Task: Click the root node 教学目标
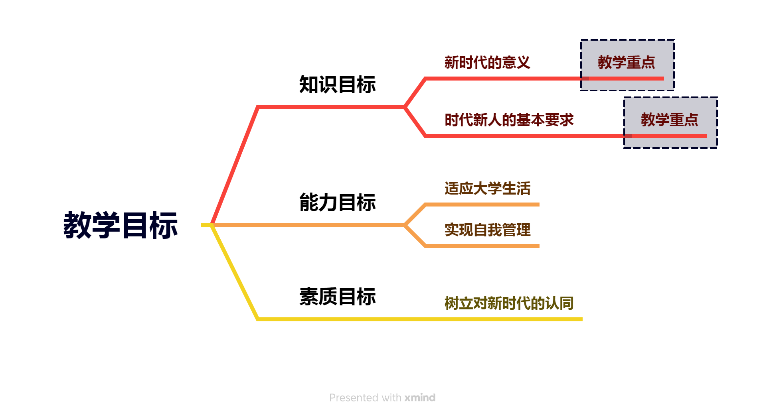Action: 120,225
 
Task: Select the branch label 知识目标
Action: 337,85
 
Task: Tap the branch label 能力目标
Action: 337,203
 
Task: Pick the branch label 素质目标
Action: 337,297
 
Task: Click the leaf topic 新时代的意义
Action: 487,63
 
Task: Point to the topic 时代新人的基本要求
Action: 509,120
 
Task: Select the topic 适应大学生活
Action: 487,189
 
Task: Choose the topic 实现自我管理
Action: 487,230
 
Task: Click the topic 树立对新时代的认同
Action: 509,303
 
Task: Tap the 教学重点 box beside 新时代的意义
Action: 627,63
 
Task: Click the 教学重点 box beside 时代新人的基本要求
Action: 670,120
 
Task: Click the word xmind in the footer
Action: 420,397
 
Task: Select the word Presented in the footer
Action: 354,397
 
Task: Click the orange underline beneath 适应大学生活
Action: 483,205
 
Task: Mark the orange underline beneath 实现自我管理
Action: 483,246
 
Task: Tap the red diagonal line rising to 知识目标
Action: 235,165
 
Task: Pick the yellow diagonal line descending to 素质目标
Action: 235,272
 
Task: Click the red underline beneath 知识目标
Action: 331,107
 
